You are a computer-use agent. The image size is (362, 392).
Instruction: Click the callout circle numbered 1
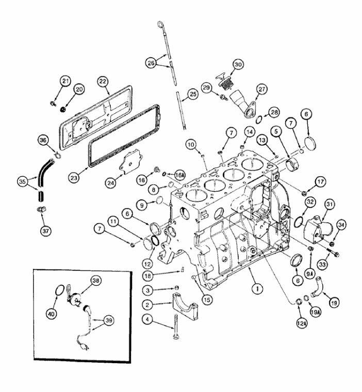(x=257, y=289)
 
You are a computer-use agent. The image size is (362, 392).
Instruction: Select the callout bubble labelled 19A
(x=316, y=312)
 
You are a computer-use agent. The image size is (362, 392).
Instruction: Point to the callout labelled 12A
(x=302, y=324)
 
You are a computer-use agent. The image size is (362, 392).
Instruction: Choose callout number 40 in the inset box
(x=52, y=314)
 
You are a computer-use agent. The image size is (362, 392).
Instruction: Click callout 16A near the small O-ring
(x=179, y=176)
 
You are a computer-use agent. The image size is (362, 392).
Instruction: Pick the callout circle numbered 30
(x=238, y=65)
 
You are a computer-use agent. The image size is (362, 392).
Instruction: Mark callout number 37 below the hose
(x=45, y=231)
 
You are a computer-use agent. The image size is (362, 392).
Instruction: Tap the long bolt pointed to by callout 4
(x=176, y=327)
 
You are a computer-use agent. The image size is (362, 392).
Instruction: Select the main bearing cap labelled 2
(x=185, y=306)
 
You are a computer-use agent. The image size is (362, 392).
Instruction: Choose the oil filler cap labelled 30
(x=223, y=82)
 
